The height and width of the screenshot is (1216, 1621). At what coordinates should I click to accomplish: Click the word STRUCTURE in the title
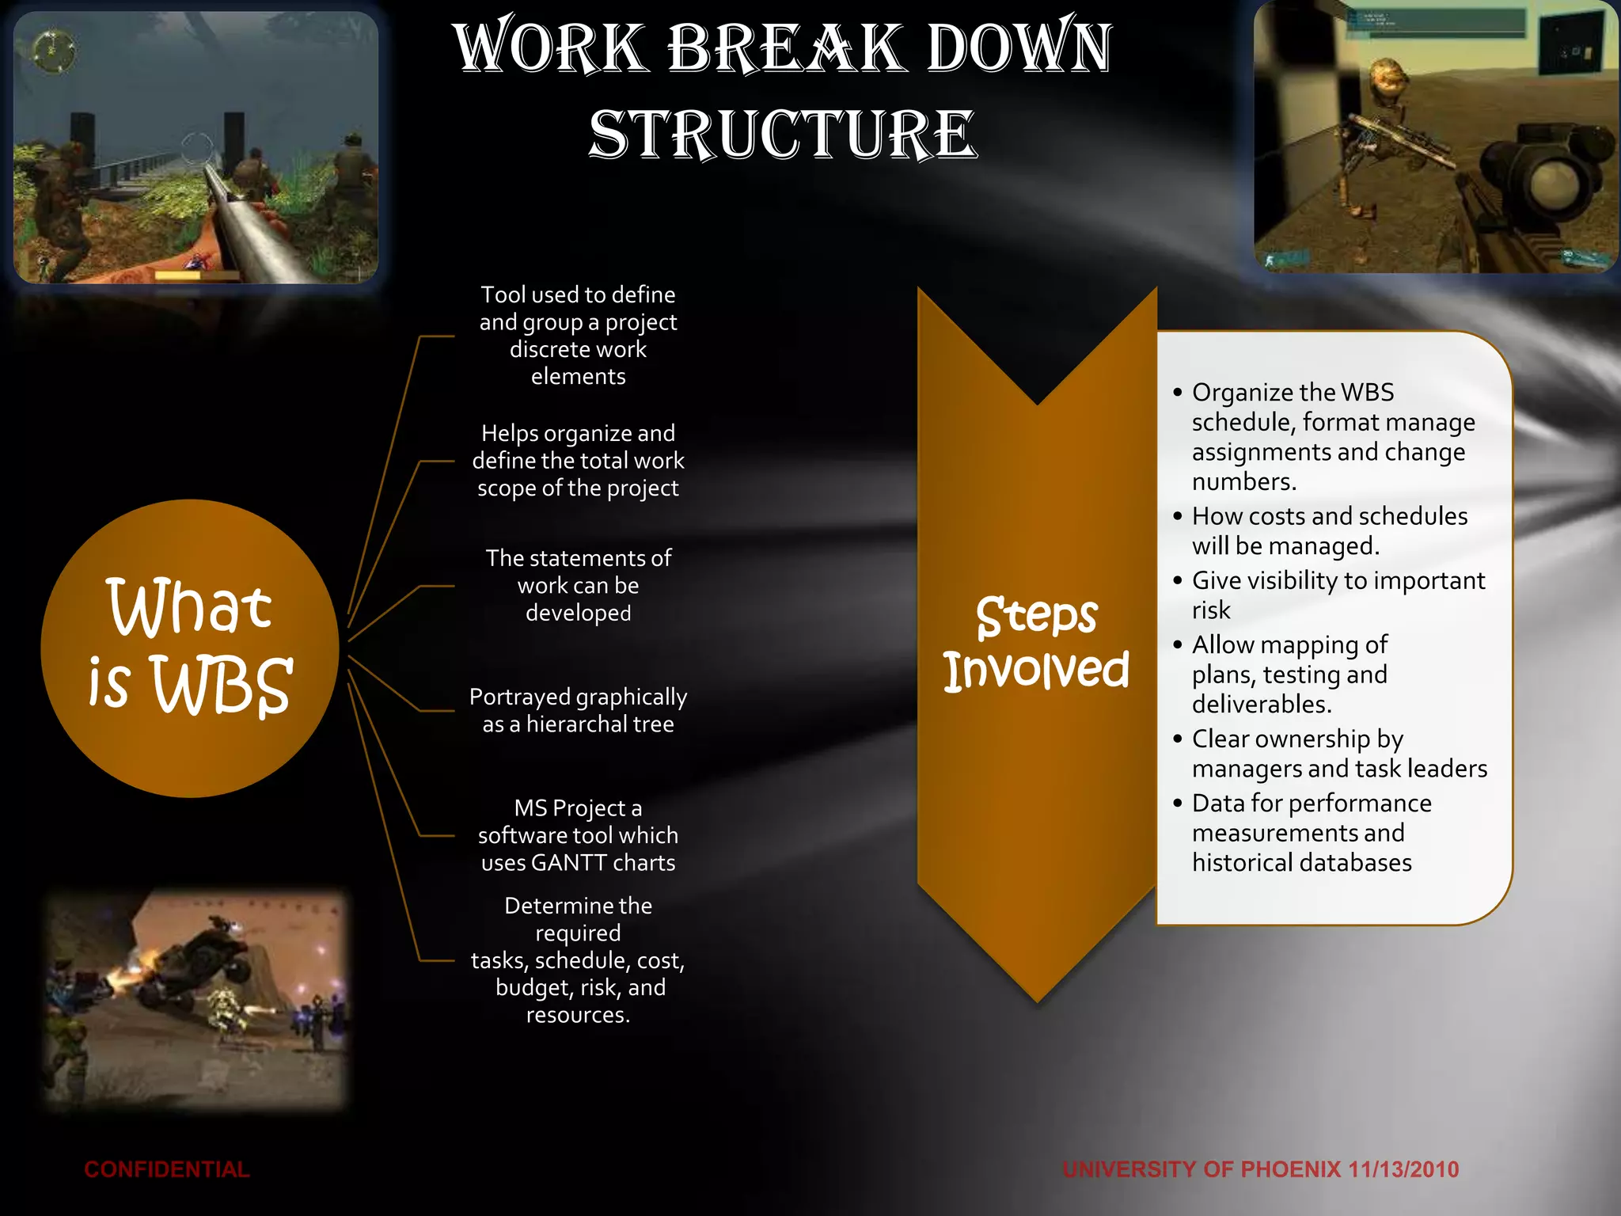pos(783,135)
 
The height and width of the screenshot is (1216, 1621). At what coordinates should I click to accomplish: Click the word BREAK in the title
pos(784,47)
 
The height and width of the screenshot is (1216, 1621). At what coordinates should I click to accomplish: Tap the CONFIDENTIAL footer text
pos(166,1169)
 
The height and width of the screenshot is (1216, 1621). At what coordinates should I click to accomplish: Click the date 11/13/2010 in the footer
pos(1403,1169)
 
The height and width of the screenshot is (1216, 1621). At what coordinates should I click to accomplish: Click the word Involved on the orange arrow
pos(1036,671)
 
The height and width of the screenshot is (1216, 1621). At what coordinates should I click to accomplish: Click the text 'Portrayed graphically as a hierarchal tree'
pos(578,710)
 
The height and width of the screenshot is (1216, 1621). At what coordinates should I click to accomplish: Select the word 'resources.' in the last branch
pos(578,1015)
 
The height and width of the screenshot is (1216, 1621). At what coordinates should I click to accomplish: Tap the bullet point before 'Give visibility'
pos(1178,580)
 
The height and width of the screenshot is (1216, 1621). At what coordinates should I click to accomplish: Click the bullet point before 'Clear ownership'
pos(1178,739)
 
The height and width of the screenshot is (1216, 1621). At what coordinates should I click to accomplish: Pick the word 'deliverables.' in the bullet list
pos(1262,704)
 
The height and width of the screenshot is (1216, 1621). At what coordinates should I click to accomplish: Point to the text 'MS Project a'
pos(578,807)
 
